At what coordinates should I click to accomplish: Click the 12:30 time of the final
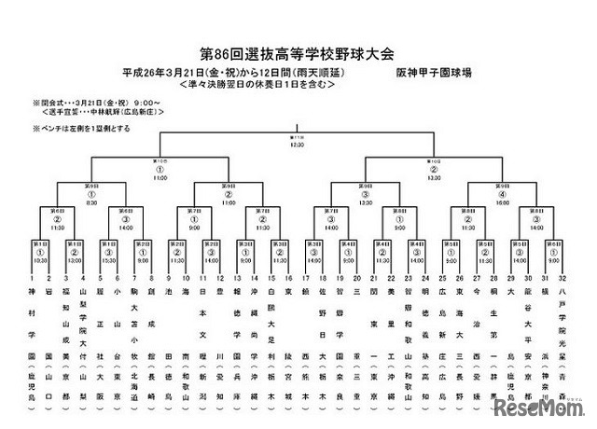tap(298, 145)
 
